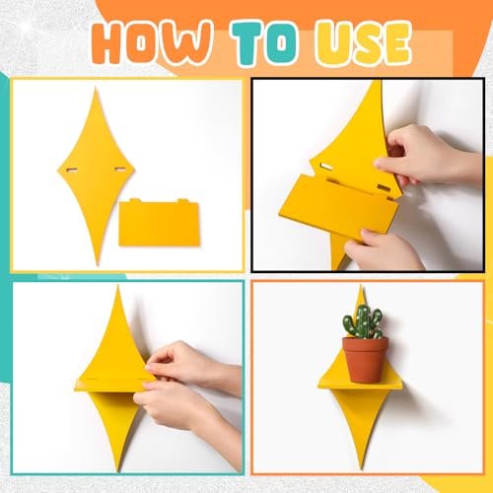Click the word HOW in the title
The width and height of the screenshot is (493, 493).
pyautogui.click(x=151, y=41)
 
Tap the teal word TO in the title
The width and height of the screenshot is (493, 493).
pyautogui.click(x=265, y=42)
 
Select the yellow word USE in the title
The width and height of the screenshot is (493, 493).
pyautogui.click(x=363, y=42)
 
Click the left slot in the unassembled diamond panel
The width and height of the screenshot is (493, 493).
pyautogui.click(x=72, y=170)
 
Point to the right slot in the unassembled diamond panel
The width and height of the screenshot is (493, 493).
pyautogui.click(x=120, y=170)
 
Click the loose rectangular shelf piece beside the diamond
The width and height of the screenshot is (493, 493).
pyautogui.click(x=160, y=223)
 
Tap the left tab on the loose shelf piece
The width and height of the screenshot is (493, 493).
pyautogui.click(x=134, y=201)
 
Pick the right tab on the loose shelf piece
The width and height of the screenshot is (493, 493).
pyautogui.click(x=182, y=201)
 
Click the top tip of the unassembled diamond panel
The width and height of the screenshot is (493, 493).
pyautogui.click(x=96, y=88)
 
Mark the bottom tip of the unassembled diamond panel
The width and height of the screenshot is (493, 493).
pyautogui.click(x=98, y=265)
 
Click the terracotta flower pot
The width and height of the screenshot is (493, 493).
pyautogui.click(x=365, y=360)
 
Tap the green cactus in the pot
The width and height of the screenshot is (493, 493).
pyautogui.click(x=363, y=321)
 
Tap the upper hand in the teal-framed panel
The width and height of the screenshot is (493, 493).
pyautogui.click(x=194, y=365)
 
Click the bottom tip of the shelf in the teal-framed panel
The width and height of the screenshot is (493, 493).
pyautogui.click(x=118, y=470)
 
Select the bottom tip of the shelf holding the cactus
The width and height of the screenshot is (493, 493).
pyautogui.click(x=362, y=468)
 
